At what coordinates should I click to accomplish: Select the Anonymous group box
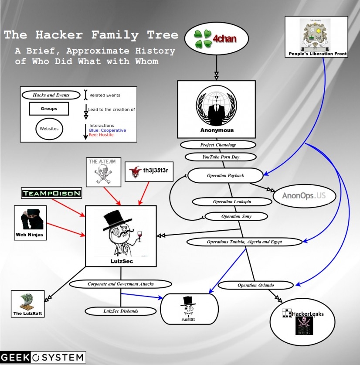tap(216, 109)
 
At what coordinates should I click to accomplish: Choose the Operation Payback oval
tap(225, 176)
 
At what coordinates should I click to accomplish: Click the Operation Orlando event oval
tap(253, 285)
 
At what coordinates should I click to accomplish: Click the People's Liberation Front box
tap(316, 37)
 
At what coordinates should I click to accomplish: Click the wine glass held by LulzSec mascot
tap(139, 236)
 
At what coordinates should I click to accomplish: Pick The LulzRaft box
tap(29, 303)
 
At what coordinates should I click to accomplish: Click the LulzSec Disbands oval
tap(120, 311)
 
